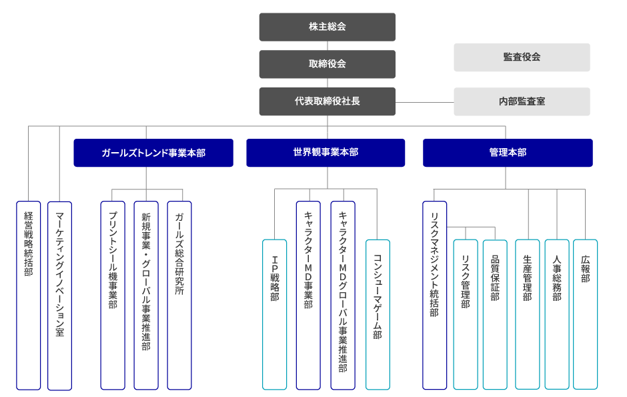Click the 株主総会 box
pos(327,27)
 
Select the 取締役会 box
pos(327,64)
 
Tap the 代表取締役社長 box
pos(327,101)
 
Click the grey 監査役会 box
pos(522,57)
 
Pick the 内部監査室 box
pos(522,101)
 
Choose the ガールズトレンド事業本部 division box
pos(153,153)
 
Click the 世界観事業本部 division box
pos(326,153)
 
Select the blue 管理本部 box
pos(508,153)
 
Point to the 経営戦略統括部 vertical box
pos(29,295)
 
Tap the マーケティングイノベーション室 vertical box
pos(59,295)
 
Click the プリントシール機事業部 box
pos(113,295)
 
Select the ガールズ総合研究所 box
pos(179,295)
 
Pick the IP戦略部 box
pos(274,314)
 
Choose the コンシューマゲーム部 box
pos(378,314)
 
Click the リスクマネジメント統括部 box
pos(434,295)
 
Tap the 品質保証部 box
pos(495,314)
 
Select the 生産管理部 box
pos(528,314)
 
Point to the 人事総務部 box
pos(557,314)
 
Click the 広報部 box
pos(585,314)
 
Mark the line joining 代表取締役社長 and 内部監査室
pos(425,102)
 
